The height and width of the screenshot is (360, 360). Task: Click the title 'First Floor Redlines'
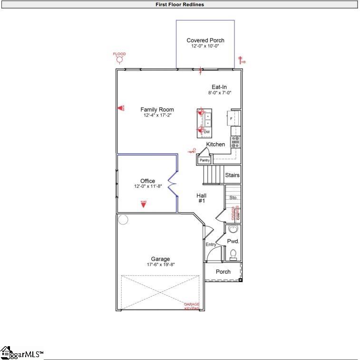coord(180,4)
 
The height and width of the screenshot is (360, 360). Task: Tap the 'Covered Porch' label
coord(205,40)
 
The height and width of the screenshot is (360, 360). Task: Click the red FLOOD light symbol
coord(119,59)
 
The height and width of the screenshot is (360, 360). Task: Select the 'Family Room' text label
coord(157,109)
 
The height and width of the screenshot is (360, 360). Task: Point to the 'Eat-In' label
coord(219,87)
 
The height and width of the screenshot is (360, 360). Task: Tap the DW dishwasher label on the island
coord(207,132)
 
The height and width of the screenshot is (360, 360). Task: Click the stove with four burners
coord(235,141)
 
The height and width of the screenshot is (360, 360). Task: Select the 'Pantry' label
coord(204,161)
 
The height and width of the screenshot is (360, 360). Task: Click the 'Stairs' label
coord(232,175)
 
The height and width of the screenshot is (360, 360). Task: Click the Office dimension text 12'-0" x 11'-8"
coord(148,186)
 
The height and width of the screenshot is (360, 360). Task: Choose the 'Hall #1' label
coord(202,198)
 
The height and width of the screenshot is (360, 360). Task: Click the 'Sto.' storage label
coord(233,197)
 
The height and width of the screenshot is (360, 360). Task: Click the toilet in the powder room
coord(233,256)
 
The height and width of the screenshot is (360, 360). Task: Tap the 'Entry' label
coord(211,244)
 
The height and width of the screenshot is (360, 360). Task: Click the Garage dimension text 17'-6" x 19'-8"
coord(160,264)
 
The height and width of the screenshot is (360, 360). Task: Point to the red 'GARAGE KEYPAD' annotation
coord(192,306)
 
